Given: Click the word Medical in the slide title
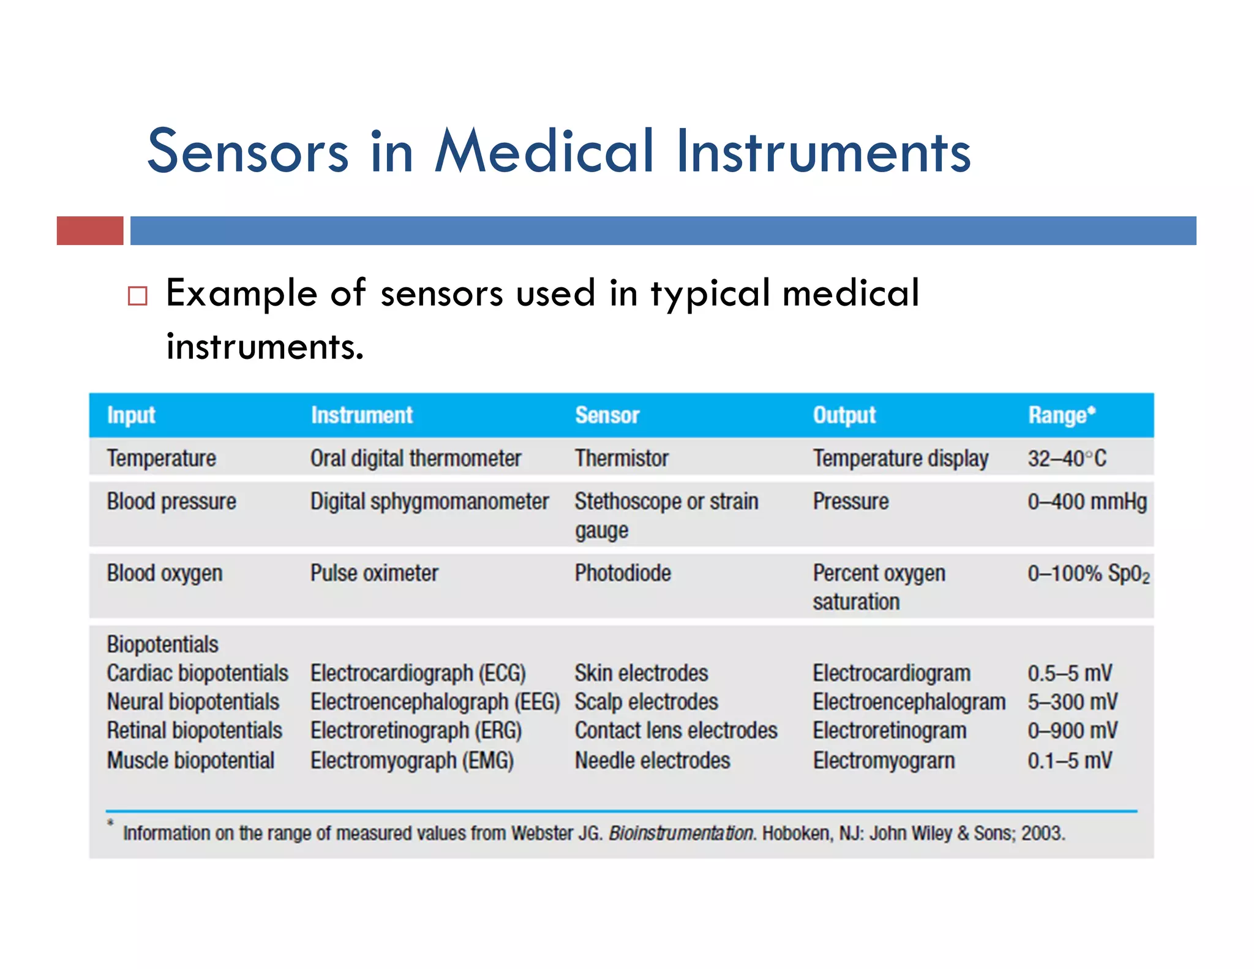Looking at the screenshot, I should click(544, 151).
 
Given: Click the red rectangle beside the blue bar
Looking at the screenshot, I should click(90, 231).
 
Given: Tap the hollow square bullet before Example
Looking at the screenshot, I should click(138, 296).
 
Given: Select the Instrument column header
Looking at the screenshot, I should click(361, 415).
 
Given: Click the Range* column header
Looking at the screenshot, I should click(1061, 415).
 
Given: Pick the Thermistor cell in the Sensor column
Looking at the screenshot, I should click(621, 458).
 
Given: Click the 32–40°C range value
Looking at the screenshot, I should click(1067, 458).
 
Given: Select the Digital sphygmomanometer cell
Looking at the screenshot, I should click(429, 502).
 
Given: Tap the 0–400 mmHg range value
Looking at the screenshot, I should click(1087, 502).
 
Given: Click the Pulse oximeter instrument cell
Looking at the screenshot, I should click(374, 573).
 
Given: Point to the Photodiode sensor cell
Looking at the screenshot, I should click(623, 573).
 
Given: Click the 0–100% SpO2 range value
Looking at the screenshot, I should click(1088, 574).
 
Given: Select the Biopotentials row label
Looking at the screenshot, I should click(162, 644).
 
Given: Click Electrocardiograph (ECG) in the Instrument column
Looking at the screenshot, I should click(418, 673).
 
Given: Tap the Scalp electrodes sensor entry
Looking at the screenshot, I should click(646, 702).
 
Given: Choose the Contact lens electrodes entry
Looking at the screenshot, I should click(675, 731).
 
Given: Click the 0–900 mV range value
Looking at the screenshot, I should click(1072, 731).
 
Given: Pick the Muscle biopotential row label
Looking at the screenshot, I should click(190, 761).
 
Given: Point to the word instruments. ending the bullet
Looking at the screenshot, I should click(265, 347).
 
